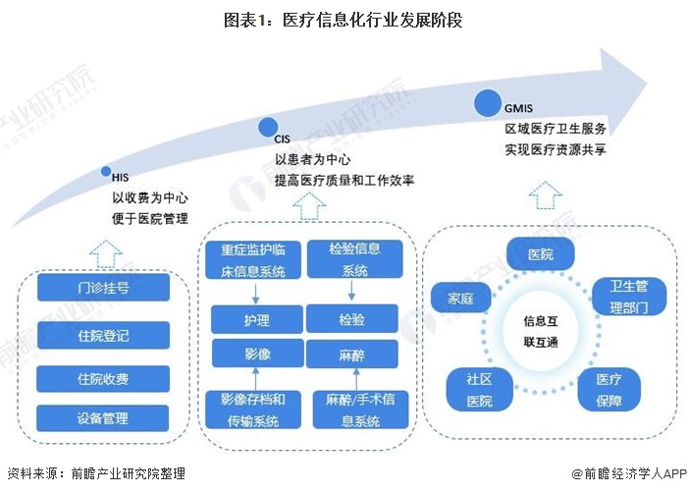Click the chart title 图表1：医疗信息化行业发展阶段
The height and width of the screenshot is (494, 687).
[343, 18]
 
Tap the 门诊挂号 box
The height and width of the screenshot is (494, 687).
[103, 289]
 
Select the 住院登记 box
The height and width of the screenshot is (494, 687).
[103, 335]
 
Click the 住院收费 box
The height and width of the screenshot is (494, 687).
[103, 379]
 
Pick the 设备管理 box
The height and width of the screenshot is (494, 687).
[103, 419]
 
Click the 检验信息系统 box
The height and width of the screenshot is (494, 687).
[351, 261]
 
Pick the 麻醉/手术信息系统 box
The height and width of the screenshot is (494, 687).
[352, 409]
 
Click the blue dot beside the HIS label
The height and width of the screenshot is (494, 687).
[106, 172]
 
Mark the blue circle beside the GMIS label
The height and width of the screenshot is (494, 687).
[486, 103]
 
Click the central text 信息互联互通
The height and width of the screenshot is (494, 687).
[541, 331]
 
